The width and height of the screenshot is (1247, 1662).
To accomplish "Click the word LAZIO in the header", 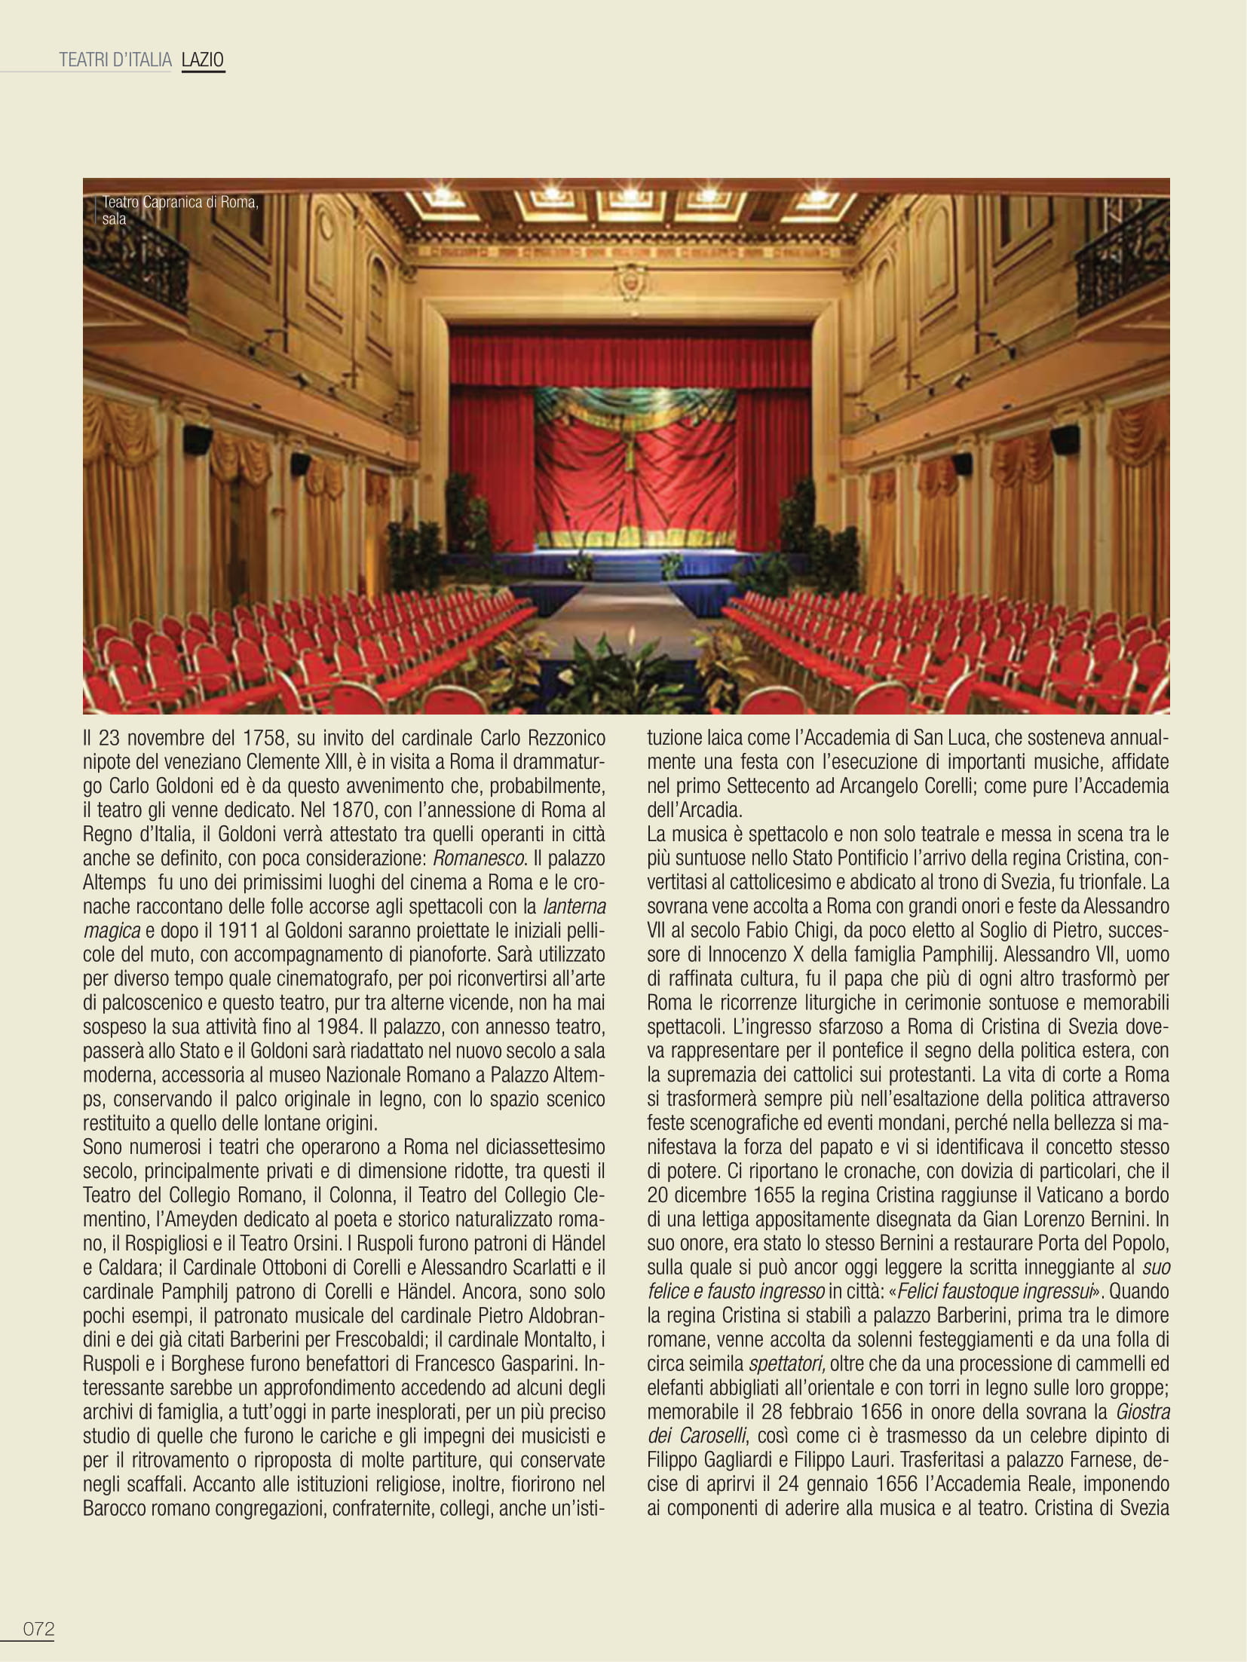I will (203, 61).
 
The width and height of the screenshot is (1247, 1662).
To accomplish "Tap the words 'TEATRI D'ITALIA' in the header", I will (116, 61).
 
